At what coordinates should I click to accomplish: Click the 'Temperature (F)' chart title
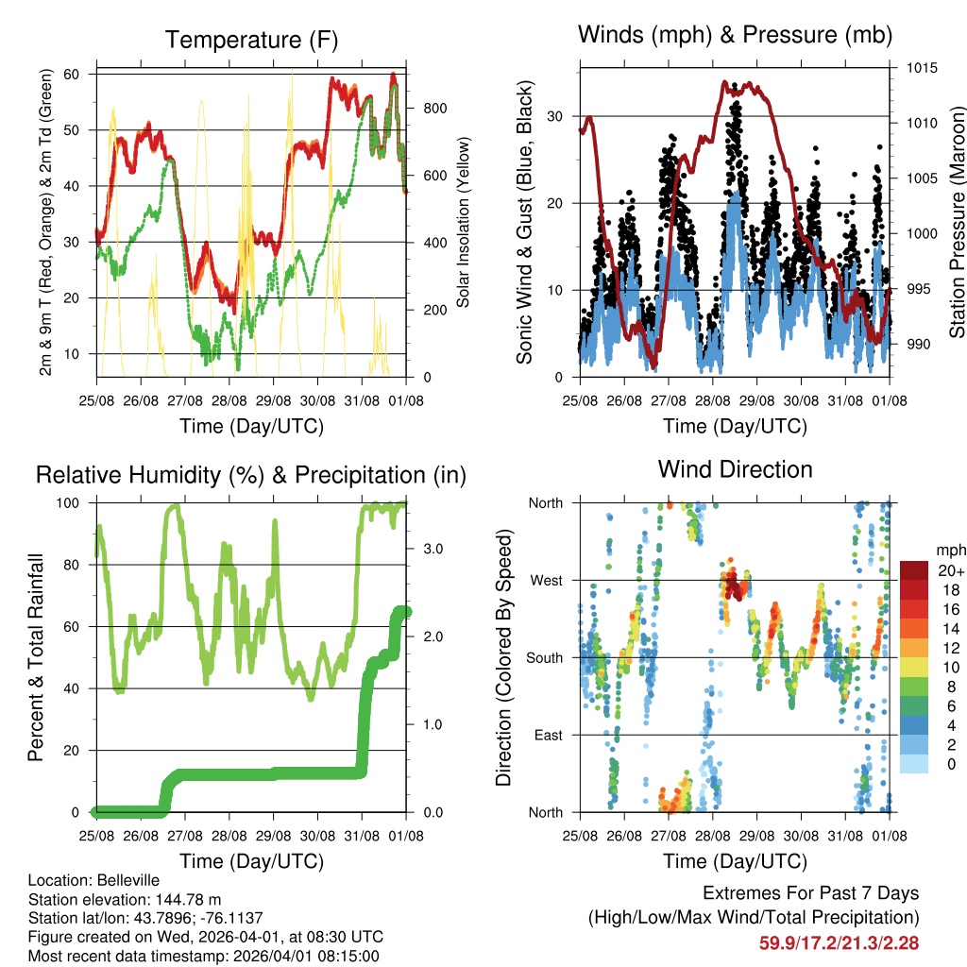pyautogui.click(x=251, y=40)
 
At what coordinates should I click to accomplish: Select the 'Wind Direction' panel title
pyautogui.click(x=735, y=468)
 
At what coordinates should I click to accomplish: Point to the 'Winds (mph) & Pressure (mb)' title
pyautogui.click(x=735, y=36)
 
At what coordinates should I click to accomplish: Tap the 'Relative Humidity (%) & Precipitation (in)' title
pyautogui.click(x=251, y=474)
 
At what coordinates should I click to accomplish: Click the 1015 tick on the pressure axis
pyautogui.click(x=920, y=68)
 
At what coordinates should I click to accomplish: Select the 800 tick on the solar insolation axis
pyautogui.click(x=434, y=109)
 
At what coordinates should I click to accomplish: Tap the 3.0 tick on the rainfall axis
pyautogui.click(x=430, y=548)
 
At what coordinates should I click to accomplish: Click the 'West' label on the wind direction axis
pyautogui.click(x=546, y=580)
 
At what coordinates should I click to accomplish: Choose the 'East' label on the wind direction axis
pyautogui.click(x=548, y=735)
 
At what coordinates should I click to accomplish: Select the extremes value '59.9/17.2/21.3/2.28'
pyautogui.click(x=839, y=942)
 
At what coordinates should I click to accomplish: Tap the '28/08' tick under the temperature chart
pyautogui.click(x=229, y=400)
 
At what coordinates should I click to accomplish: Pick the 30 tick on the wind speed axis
pyautogui.click(x=558, y=116)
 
